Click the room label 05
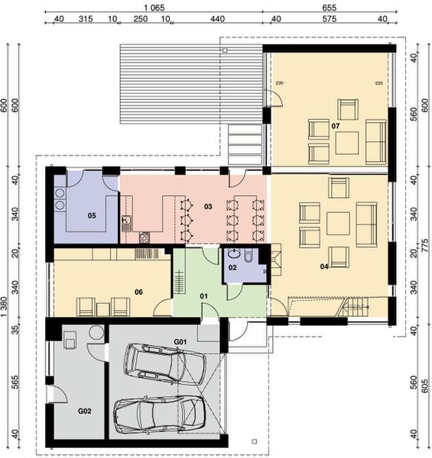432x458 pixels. (x=91, y=216)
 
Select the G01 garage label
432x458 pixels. (x=180, y=341)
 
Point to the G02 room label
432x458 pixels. (x=84, y=411)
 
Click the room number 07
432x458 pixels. (x=335, y=124)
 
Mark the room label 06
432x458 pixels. (x=138, y=291)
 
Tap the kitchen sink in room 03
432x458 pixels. (x=127, y=223)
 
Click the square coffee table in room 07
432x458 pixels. (x=346, y=142)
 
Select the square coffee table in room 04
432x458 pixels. (x=338, y=224)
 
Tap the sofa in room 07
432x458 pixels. (x=375, y=141)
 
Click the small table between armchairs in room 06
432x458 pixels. (x=103, y=307)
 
